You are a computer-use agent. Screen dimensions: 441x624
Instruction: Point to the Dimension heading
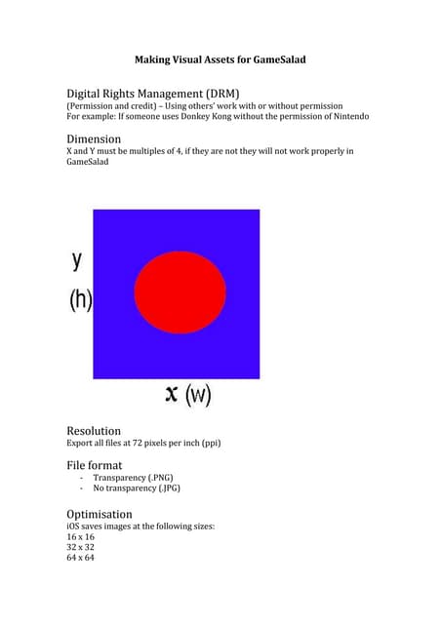coord(94,138)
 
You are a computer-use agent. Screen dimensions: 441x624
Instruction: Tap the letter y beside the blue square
coord(77,260)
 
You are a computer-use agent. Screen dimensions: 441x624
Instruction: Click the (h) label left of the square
coord(80,300)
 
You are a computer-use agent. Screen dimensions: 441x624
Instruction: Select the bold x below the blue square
coord(173,393)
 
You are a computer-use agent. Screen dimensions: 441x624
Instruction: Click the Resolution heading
coord(94,430)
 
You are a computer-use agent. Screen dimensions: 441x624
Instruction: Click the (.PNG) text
coord(162,478)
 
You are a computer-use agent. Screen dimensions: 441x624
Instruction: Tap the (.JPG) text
coord(165,488)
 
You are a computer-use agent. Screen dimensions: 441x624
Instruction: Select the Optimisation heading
coord(100,514)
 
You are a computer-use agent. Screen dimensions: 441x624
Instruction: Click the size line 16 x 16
coord(80,537)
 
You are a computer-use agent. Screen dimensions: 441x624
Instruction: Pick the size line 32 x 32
coord(80,548)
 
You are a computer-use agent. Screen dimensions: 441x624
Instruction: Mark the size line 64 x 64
coord(80,559)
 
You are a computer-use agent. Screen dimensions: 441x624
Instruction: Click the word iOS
coord(74,526)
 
